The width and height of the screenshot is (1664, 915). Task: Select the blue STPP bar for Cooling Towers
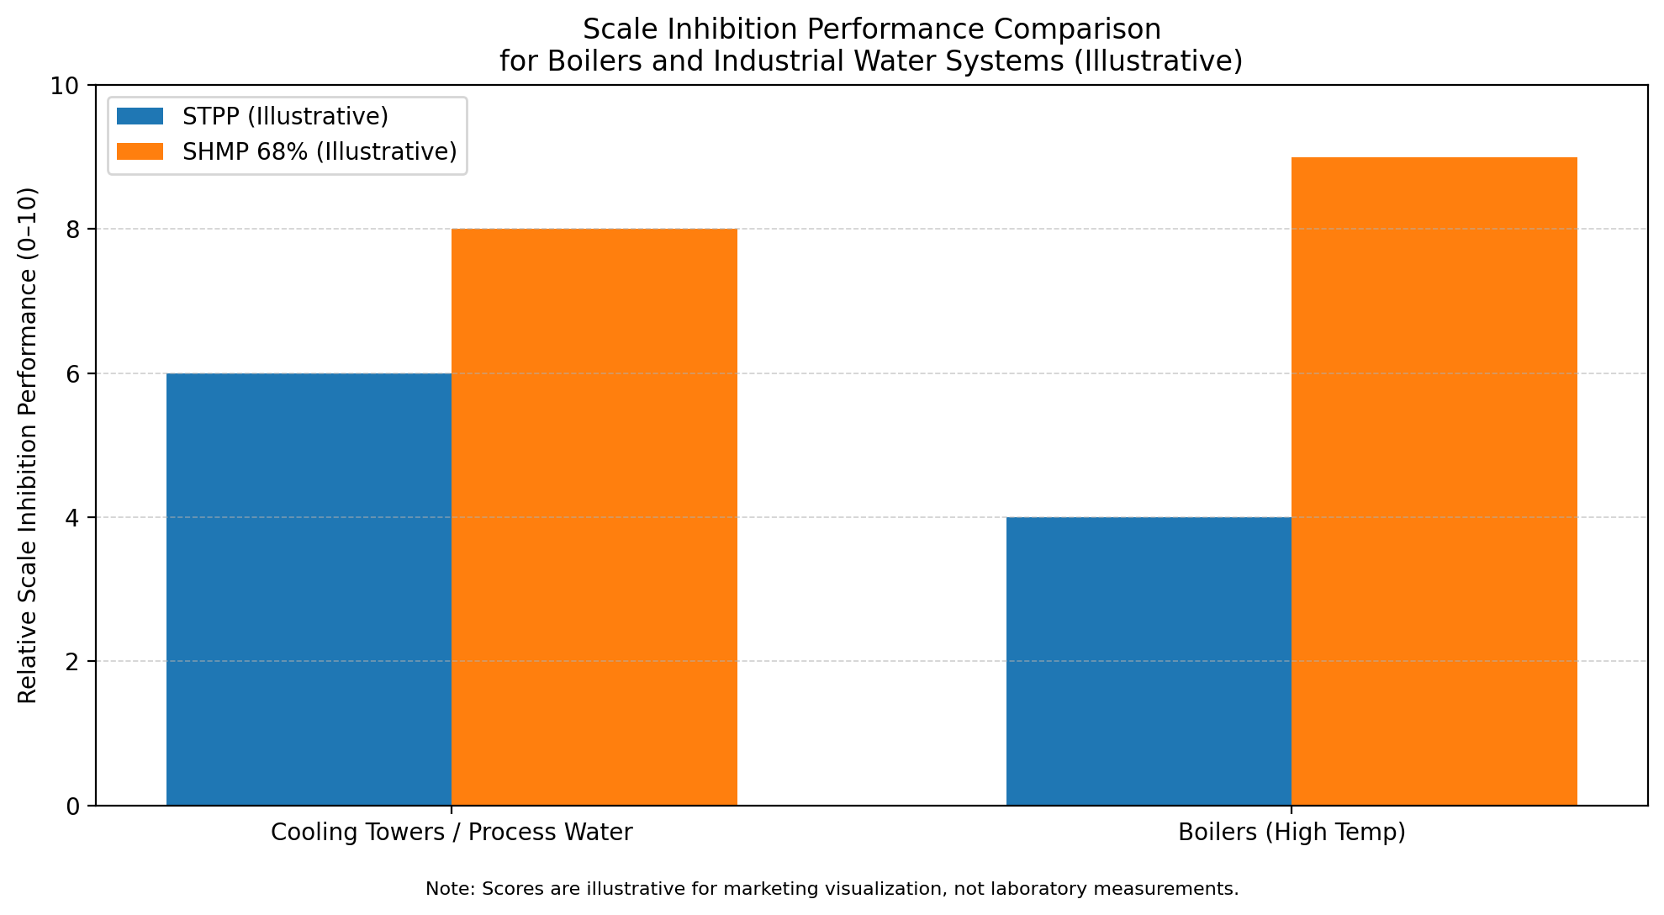click(x=309, y=589)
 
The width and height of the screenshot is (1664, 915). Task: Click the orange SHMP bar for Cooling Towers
click(x=594, y=517)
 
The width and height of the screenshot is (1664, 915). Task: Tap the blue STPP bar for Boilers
click(x=1149, y=661)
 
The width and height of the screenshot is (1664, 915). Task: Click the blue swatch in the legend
click(x=140, y=116)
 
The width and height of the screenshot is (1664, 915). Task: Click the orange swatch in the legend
click(x=140, y=151)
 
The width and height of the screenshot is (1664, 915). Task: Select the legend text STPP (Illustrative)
click(x=285, y=116)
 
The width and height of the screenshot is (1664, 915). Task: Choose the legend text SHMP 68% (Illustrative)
click(x=320, y=151)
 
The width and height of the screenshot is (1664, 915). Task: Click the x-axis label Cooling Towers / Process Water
click(x=452, y=833)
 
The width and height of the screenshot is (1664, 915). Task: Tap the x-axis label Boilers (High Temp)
click(x=1292, y=833)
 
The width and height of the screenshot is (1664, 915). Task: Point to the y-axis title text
click(x=28, y=446)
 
